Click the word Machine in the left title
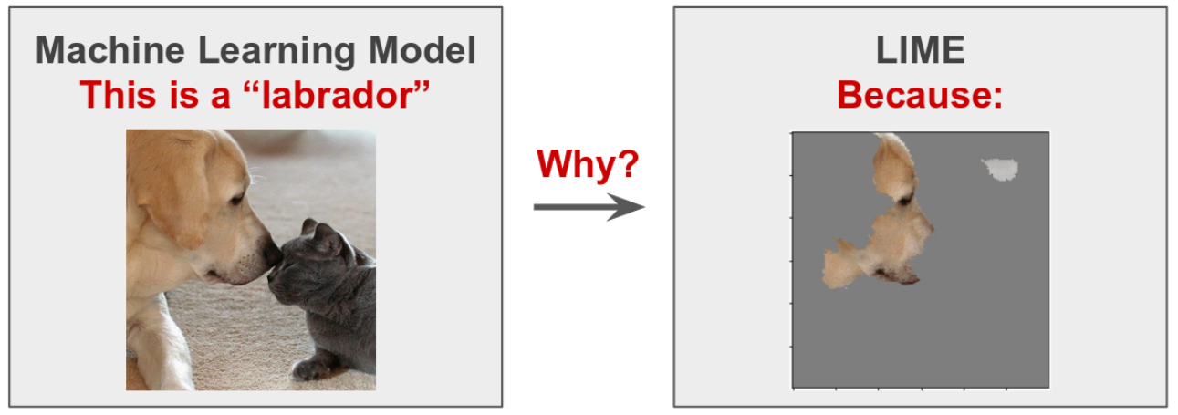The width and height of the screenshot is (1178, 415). pyautogui.click(x=109, y=51)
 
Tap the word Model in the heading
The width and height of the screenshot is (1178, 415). pyautogui.click(x=422, y=51)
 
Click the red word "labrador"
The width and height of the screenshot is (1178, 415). pyautogui.click(x=337, y=95)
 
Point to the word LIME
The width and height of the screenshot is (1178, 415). pyautogui.click(x=921, y=51)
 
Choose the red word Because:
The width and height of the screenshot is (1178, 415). pyautogui.click(x=921, y=95)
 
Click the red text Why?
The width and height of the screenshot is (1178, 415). pyautogui.click(x=588, y=165)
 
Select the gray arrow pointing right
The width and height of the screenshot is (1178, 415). pyautogui.click(x=589, y=207)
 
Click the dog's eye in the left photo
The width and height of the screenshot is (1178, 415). pyautogui.click(x=236, y=200)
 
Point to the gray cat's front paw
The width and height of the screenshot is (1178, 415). pyautogui.click(x=311, y=368)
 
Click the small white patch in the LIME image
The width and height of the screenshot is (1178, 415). pyautogui.click(x=1000, y=169)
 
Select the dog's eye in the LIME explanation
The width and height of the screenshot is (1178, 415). pyautogui.click(x=905, y=200)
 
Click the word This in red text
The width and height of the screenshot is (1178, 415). pyautogui.click(x=119, y=95)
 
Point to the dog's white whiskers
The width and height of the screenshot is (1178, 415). pyautogui.click(x=256, y=176)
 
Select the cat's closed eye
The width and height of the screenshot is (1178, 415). pyautogui.click(x=288, y=269)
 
